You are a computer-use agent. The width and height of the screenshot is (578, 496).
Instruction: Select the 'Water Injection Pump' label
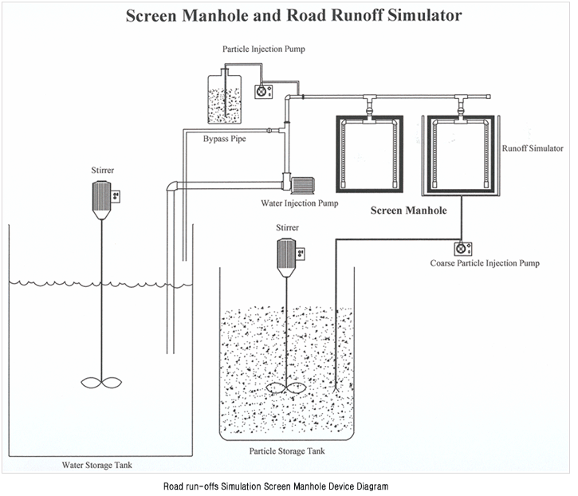tap(300, 203)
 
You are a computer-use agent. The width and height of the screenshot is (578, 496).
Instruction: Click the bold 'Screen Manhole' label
tap(407, 211)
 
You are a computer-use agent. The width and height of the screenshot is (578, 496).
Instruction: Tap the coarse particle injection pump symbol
tap(461, 247)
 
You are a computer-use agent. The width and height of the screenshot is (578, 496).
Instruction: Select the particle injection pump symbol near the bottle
tap(260, 91)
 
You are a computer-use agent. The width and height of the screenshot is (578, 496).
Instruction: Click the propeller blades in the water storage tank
tap(101, 381)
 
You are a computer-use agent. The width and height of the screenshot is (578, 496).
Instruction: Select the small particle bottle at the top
tap(226, 100)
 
